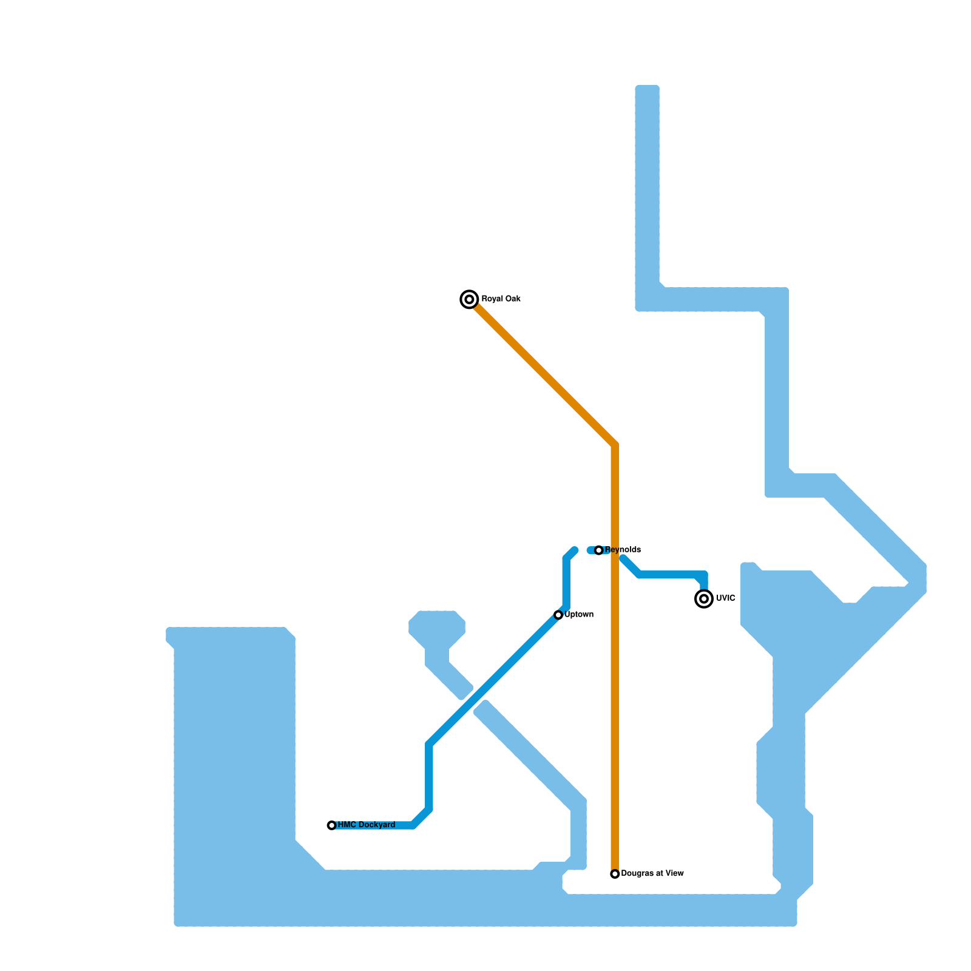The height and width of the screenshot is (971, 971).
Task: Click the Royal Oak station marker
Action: [469, 299]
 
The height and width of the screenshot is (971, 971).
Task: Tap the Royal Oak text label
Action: [501, 299]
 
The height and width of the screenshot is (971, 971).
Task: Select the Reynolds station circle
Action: [599, 550]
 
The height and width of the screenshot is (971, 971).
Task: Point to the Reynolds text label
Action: [623, 550]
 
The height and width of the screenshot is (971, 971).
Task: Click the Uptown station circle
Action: [558, 615]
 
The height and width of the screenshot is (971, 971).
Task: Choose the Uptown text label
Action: [579, 615]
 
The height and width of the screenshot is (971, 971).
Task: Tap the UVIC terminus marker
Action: [704, 599]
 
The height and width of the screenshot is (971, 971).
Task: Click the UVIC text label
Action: [726, 598]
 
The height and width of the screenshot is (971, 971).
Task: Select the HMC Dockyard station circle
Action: [331, 825]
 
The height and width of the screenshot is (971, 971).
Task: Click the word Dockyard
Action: [376, 825]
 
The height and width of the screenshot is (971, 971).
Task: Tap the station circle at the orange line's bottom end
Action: [615, 874]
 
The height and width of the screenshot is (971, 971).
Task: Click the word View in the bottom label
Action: [674, 874]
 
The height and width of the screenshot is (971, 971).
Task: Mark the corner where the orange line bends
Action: [615, 445]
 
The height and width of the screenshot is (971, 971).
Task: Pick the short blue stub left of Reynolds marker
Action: [591, 550]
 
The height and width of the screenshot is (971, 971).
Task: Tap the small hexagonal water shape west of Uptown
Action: [437, 628]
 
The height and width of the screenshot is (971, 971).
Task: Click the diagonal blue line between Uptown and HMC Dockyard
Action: [492, 681]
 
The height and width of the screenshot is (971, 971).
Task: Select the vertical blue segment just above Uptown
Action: [566, 583]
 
